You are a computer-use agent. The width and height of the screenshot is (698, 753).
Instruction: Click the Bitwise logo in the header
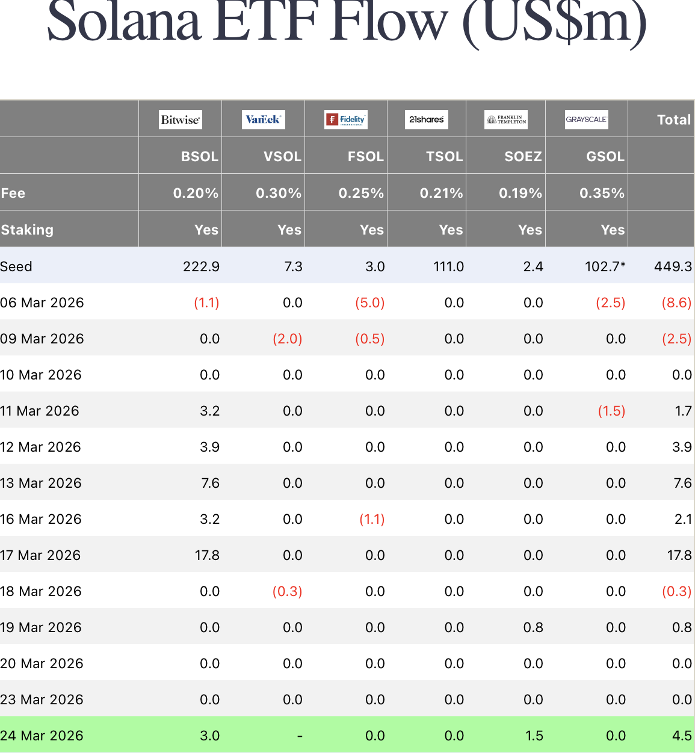point(180,119)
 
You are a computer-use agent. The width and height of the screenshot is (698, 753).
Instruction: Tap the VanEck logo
point(263,119)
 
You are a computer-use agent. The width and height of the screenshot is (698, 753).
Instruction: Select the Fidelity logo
point(346,119)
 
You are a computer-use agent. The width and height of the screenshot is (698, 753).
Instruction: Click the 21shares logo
point(427,119)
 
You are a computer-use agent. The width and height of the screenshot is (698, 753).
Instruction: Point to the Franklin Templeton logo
point(506,119)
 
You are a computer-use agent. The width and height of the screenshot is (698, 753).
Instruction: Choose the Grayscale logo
point(586,119)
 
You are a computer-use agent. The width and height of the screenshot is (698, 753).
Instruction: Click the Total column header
point(673,120)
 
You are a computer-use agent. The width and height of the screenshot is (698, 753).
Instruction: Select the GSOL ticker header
point(605,156)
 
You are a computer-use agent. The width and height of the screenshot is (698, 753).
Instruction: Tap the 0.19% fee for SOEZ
point(520,193)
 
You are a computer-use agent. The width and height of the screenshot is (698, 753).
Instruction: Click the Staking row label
point(27,230)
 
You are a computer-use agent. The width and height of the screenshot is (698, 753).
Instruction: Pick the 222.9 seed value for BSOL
point(201,266)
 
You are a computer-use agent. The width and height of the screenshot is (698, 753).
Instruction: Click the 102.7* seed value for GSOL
point(605,266)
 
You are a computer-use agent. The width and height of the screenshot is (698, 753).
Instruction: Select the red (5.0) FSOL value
point(369,303)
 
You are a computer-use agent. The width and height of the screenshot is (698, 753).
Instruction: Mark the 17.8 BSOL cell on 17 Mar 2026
point(207,555)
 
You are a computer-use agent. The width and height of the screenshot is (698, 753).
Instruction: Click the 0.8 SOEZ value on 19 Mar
point(533,627)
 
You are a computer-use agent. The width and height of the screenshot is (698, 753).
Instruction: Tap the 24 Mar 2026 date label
point(42,736)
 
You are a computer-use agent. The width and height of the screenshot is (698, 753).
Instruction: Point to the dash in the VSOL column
point(299,736)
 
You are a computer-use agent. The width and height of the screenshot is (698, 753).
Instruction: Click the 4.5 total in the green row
point(682,736)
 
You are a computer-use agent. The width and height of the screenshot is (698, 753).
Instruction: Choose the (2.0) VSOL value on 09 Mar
point(287,339)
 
